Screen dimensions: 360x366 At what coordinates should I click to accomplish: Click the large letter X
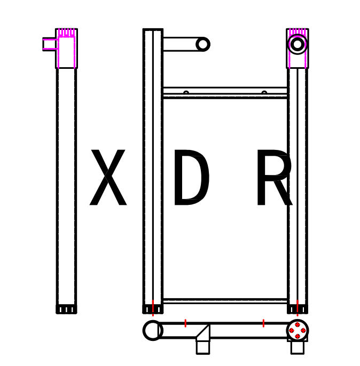pyautogui.click(x=108, y=177)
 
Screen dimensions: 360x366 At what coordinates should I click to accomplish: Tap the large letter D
pyautogui.click(x=192, y=177)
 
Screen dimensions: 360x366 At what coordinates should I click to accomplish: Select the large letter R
pyautogui.click(x=275, y=177)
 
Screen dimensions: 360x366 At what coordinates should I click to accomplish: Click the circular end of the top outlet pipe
pyautogui.click(x=203, y=44)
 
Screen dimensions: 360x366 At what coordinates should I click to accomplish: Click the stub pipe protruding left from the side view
pyautogui.click(x=50, y=44)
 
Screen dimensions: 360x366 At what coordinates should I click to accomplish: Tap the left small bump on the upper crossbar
pyautogui.click(x=186, y=93)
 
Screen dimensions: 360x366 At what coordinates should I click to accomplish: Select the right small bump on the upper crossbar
pyautogui.click(x=264, y=93)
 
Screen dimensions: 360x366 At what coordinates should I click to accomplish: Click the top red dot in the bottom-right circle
pyautogui.click(x=298, y=325)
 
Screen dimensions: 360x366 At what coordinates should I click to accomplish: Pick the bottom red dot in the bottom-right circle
pyautogui.click(x=298, y=336)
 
